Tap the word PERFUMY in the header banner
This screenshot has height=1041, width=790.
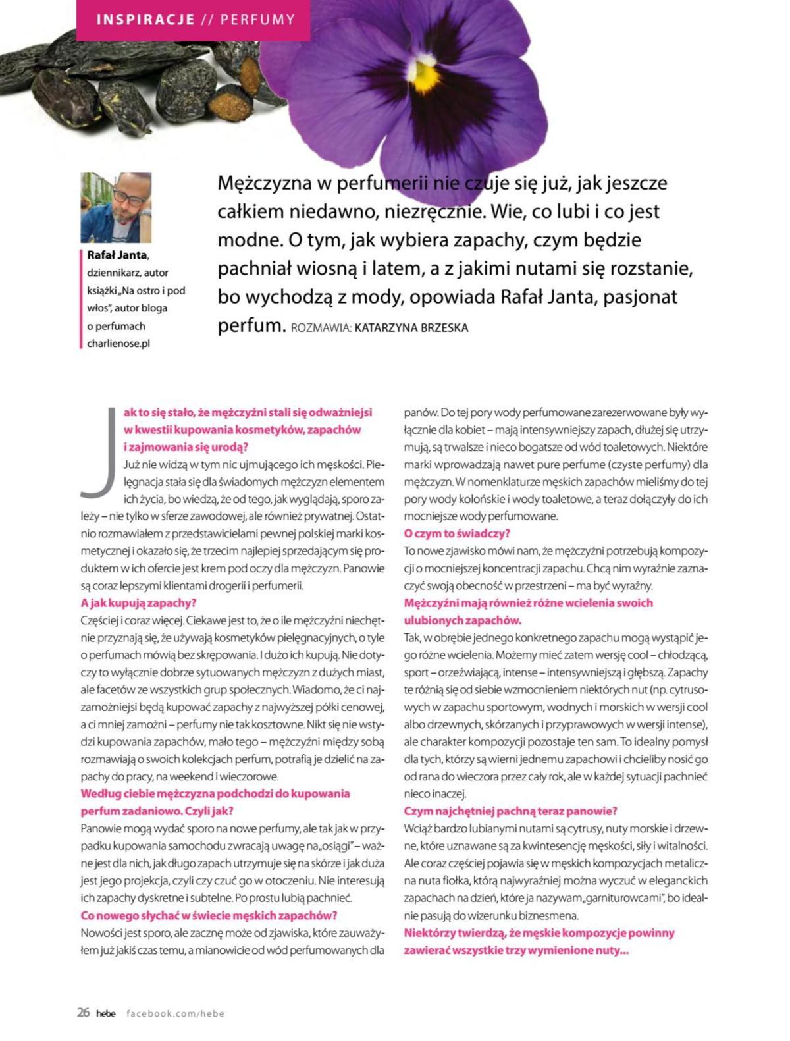[x=257, y=20]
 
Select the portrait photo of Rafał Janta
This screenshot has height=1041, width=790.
[x=116, y=207]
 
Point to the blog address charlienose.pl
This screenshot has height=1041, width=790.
[x=118, y=344]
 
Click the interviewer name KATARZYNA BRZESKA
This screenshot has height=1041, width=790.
[x=411, y=327]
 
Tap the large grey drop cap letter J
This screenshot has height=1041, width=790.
[x=97, y=452]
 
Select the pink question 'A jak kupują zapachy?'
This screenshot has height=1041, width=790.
[x=138, y=602]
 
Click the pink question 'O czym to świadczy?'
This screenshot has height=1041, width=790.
[x=457, y=533]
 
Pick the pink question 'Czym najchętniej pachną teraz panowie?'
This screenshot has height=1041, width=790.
[x=510, y=811]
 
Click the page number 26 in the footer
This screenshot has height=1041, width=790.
[x=83, y=1013]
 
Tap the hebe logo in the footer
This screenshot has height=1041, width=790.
[x=105, y=1013]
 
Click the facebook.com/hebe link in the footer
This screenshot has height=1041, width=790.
[x=175, y=1013]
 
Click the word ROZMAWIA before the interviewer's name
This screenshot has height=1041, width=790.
[x=320, y=328]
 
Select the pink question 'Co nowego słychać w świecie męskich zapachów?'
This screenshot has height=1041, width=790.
[x=209, y=915]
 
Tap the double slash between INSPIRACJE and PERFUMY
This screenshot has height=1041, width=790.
[x=207, y=20]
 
